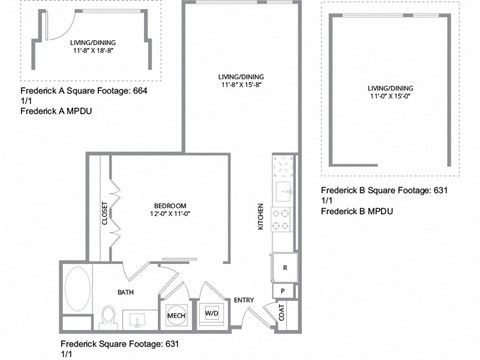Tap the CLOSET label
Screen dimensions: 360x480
(x=104, y=215)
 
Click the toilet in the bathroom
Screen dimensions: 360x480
(x=107, y=318)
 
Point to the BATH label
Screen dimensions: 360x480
(x=126, y=293)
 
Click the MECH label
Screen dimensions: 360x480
(x=176, y=316)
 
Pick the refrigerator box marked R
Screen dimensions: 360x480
(x=285, y=267)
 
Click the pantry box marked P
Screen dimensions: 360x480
(x=283, y=291)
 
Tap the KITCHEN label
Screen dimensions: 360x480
(x=262, y=216)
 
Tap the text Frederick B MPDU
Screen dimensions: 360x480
(x=357, y=212)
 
